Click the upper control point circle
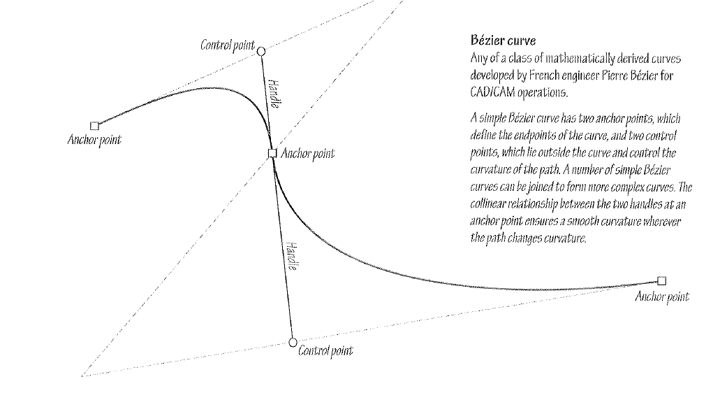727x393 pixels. pyautogui.click(x=261, y=51)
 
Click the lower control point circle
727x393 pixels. pyautogui.click(x=293, y=342)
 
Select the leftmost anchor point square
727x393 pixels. pyautogui.click(x=95, y=126)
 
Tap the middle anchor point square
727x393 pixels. pyautogui.click(x=272, y=153)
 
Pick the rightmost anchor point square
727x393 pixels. pyautogui.click(x=662, y=281)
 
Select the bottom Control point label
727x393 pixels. pyautogui.click(x=325, y=350)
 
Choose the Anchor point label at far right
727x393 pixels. pyautogui.click(x=662, y=297)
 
